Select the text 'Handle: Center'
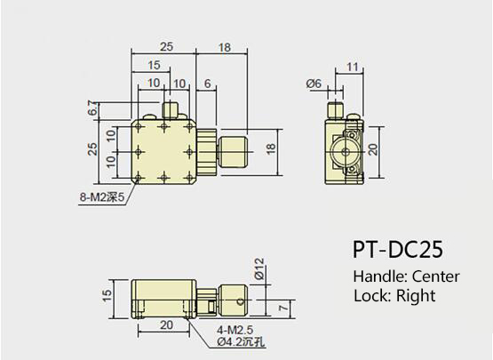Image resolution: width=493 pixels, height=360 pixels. click(x=406, y=276)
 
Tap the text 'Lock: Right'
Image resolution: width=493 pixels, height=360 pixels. click(x=394, y=296)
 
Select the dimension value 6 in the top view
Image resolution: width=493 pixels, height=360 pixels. click(x=207, y=83)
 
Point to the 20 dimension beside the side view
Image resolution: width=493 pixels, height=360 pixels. click(x=374, y=148)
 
